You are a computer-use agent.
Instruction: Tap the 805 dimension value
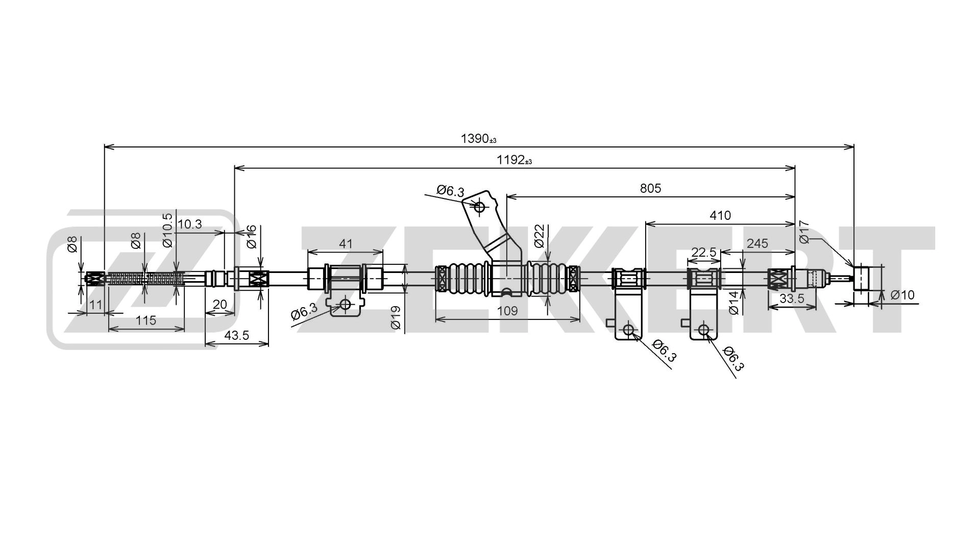pos(650,188)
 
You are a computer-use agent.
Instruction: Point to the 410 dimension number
pos(720,215)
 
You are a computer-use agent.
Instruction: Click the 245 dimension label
pos(757,243)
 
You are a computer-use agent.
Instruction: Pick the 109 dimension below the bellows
pos(507,311)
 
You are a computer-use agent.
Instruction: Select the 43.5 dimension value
pos(236,335)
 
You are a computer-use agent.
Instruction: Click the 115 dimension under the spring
pos(146,320)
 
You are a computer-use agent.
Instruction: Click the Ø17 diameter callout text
pos(804,232)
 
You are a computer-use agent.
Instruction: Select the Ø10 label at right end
pos(902,295)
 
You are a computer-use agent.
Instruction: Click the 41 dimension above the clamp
pos(346,243)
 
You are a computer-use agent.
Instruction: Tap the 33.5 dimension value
pos(792,298)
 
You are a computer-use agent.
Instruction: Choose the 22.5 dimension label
pos(704,253)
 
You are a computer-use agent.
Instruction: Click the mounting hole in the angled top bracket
pos(479,207)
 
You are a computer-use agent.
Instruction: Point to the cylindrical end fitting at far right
pos(862,278)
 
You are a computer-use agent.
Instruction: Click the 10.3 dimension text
pos(190,223)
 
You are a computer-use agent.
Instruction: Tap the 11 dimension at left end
pos(95,305)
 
